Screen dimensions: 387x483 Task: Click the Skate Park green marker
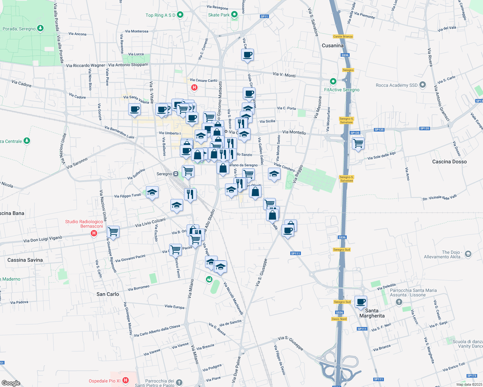point(234,15)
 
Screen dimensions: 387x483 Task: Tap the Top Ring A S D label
point(160,15)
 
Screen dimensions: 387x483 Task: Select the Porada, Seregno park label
point(19,29)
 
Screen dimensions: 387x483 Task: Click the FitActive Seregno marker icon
point(333,81)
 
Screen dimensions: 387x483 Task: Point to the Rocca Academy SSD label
point(396,85)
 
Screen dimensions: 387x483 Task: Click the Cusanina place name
point(333,45)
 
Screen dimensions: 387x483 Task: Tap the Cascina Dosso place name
point(449,162)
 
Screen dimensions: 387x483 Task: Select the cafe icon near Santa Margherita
point(361,302)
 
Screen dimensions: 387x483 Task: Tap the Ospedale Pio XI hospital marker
point(126,381)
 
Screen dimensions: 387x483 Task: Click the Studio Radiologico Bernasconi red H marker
point(94,233)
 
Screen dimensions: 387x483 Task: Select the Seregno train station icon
point(176,174)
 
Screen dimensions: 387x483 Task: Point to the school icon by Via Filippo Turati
point(152,193)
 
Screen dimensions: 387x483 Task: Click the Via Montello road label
point(294,132)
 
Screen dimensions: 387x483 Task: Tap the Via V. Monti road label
point(284,74)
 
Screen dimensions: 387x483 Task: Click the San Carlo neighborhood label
point(108,294)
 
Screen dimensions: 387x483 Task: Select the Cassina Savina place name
point(25,260)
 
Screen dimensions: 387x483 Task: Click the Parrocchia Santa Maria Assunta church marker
point(399,302)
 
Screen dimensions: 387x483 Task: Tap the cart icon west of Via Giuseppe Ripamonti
point(113,231)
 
